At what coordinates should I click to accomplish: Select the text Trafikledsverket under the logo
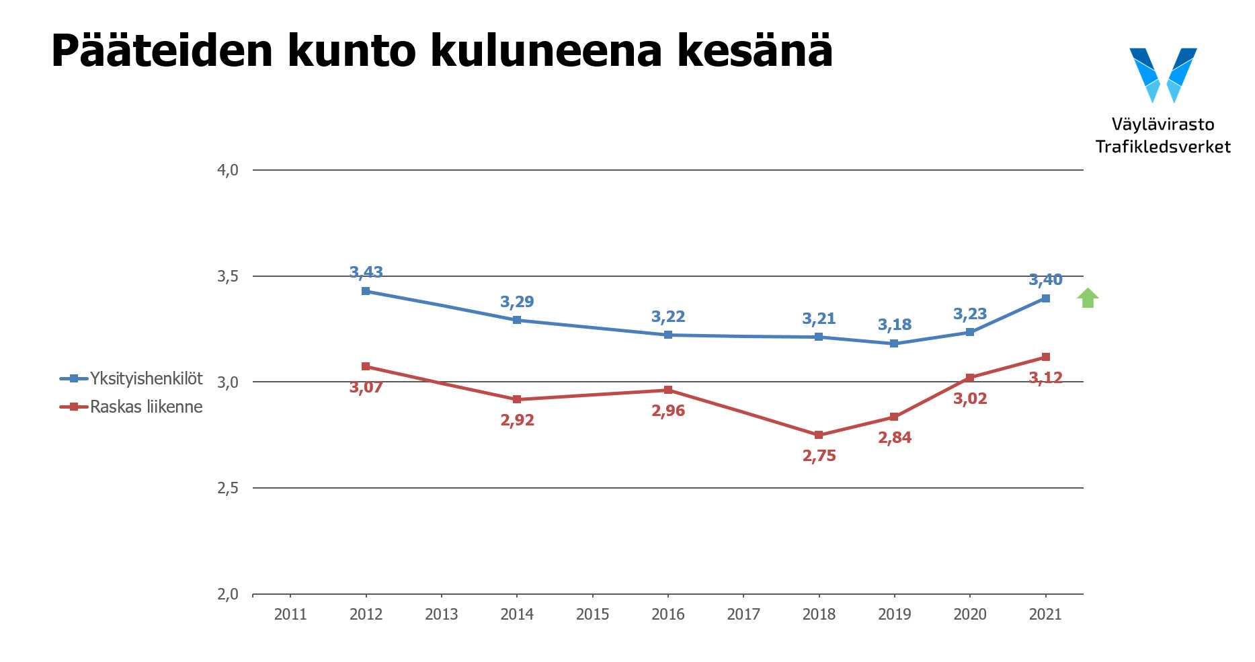(1163, 147)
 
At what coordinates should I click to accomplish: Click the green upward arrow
(1088, 298)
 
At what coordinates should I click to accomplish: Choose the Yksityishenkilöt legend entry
(132, 378)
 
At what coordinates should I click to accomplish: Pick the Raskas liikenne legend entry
(132, 407)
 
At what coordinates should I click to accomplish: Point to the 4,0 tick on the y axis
(228, 170)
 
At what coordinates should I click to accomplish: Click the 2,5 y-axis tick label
(228, 488)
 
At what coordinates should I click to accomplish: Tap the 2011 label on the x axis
(290, 614)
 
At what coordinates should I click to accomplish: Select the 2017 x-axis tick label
(743, 614)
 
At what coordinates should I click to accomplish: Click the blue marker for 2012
(366, 291)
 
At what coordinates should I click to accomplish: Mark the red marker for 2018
(819, 435)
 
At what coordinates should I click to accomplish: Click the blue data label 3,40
(1045, 280)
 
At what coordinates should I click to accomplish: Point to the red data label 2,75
(819, 456)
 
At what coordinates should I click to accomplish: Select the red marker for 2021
(1045, 357)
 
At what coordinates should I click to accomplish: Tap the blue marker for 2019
(894, 343)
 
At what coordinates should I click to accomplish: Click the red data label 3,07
(366, 387)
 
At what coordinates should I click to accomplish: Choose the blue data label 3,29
(517, 302)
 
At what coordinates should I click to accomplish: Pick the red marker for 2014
(517, 399)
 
